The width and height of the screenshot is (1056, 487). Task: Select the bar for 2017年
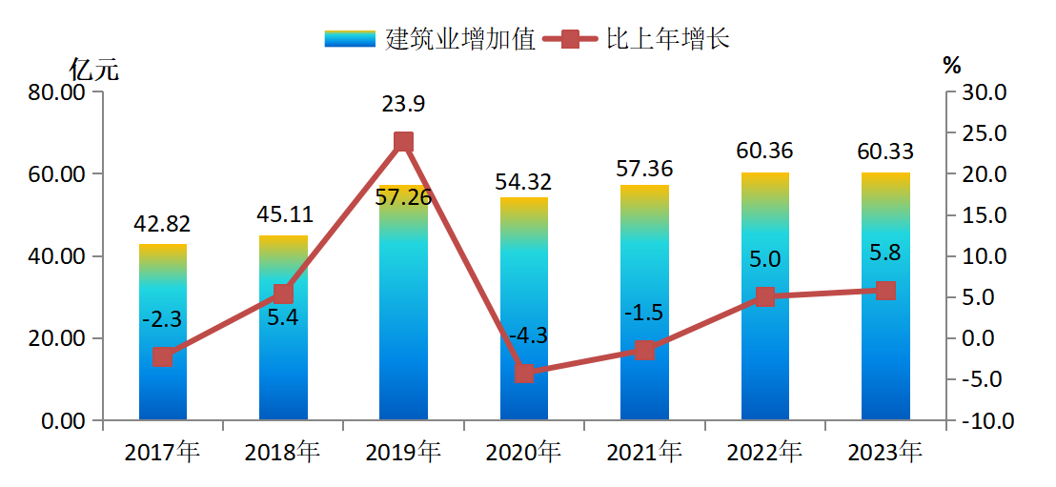[x=163, y=333]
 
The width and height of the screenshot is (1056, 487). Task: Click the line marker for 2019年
[x=403, y=142]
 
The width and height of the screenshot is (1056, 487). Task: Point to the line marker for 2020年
[x=524, y=373]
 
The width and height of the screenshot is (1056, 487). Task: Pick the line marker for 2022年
[x=765, y=297]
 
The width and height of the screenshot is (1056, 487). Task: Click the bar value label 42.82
[x=163, y=225]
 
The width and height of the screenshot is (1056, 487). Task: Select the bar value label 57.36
[x=644, y=170]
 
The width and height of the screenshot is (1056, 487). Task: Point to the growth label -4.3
[x=524, y=336]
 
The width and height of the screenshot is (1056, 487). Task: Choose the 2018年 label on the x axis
[x=282, y=452]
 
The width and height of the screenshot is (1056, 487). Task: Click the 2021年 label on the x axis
[x=643, y=452]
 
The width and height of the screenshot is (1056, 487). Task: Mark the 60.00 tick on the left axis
[x=60, y=174]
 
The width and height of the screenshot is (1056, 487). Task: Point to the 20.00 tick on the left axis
[x=60, y=338]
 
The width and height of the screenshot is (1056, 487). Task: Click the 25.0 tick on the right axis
[x=985, y=133]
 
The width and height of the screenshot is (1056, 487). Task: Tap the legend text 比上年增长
[x=667, y=39]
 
